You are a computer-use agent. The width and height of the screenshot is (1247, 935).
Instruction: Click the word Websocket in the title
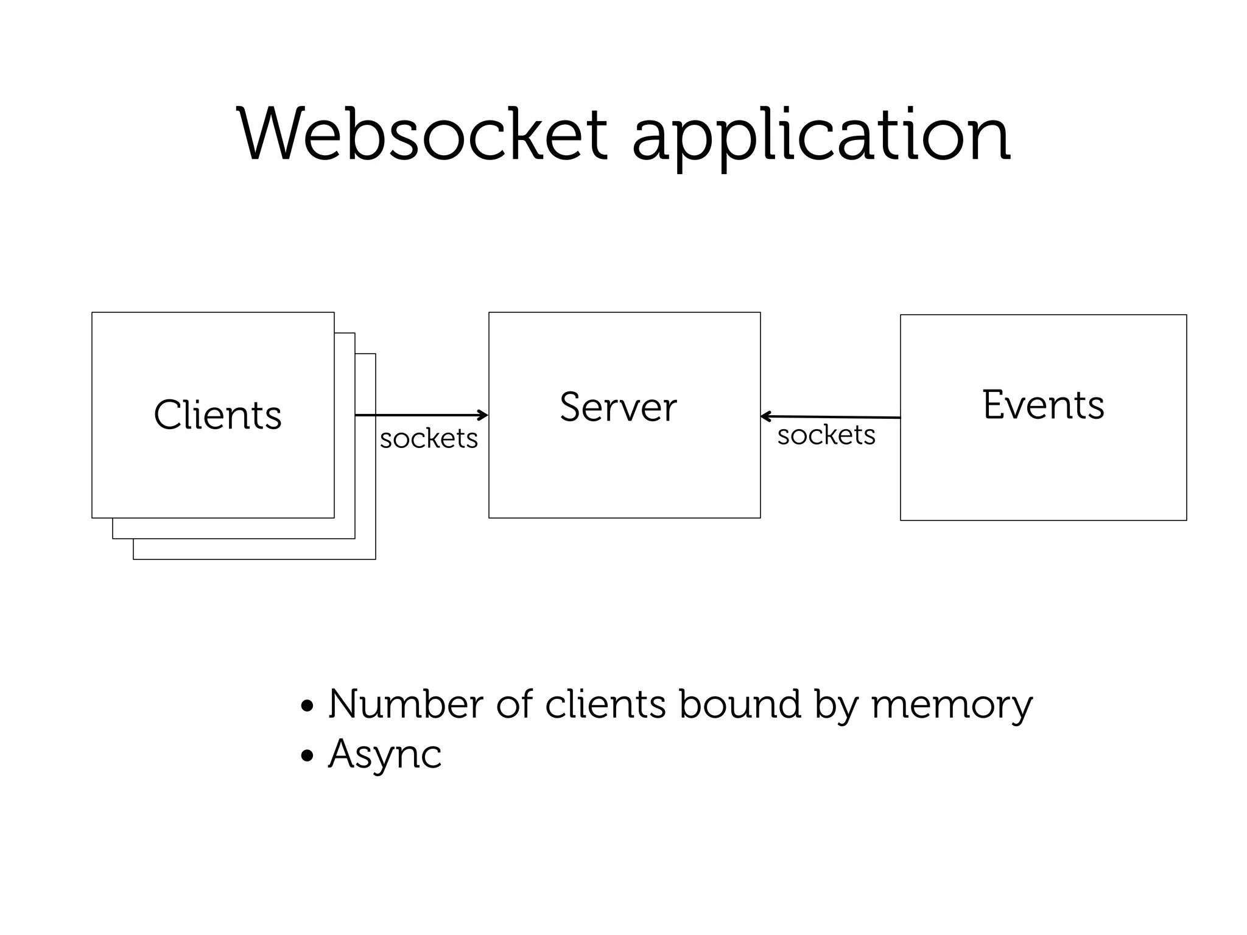[422, 135]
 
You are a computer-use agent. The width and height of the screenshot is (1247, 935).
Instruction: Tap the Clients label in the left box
[217, 415]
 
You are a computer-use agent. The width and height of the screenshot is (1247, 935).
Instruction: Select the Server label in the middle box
[618, 407]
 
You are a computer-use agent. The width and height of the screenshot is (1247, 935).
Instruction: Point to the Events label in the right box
[1043, 405]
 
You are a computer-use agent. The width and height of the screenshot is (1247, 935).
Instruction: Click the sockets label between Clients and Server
[429, 438]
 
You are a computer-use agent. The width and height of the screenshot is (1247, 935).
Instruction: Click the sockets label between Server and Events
[826, 435]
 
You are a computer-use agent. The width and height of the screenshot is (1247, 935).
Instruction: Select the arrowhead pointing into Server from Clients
[483, 415]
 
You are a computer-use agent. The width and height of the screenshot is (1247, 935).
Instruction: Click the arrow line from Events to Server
[834, 417]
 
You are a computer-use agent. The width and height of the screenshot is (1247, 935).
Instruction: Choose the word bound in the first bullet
[739, 704]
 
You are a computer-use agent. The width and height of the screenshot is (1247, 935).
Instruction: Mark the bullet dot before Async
[307, 757]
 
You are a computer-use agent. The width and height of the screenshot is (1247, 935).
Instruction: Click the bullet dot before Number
[307, 707]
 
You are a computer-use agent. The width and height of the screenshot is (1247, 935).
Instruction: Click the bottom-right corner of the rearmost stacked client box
[375, 559]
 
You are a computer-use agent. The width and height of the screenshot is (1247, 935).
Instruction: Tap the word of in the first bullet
[515, 704]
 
